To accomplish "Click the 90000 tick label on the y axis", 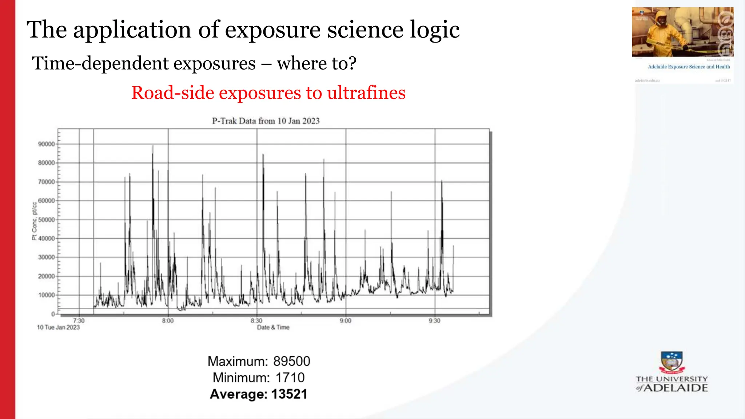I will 46,144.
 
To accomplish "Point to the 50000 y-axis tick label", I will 46,220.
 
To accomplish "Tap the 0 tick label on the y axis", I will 53,314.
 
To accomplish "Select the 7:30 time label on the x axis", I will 79,321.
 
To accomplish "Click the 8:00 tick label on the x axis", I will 168,321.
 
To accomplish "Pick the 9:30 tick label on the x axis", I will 434,321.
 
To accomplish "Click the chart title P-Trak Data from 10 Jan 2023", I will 266,121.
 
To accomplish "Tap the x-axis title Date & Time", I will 273,327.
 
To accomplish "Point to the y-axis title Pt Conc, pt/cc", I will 35,221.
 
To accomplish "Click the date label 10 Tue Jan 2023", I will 58,327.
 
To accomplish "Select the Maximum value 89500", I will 292,361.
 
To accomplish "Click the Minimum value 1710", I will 290,378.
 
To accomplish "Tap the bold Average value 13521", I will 289,394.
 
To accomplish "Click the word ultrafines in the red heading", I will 366,93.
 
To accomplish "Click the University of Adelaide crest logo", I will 672,362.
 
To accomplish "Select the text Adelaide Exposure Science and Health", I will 689,67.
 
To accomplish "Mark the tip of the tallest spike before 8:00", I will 153,146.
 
